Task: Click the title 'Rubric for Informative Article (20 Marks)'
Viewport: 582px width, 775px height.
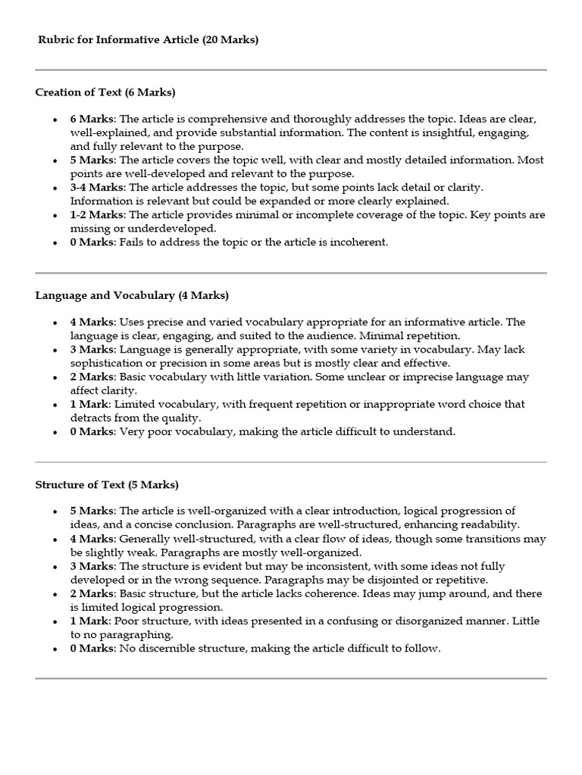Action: pyautogui.click(x=149, y=40)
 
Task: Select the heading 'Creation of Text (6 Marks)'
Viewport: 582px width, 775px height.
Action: pyautogui.click(x=105, y=92)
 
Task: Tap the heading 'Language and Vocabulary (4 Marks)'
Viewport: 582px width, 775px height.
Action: pyautogui.click(x=132, y=295)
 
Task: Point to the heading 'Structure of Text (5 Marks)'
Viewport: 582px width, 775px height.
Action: pyautogui.click(x=107, y=484)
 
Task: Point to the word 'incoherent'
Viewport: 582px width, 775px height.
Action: pyautogui.click(x=358, y=242)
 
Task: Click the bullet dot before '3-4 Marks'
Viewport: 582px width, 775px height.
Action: pyautogui.click(x=55, y=188)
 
